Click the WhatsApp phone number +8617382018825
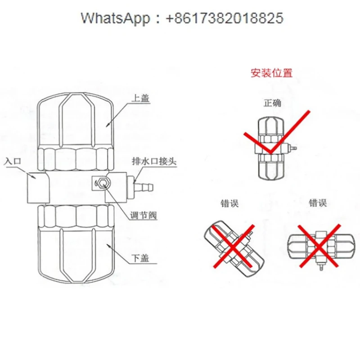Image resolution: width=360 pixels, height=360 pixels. click(225, 18)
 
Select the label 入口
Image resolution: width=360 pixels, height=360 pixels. click(13, 161)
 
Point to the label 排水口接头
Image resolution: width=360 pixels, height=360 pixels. click(153, 161)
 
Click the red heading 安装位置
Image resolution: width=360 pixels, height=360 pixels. click(272, 72)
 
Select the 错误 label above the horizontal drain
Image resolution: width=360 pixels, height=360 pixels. click(317, 203)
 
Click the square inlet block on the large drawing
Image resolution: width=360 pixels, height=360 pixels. click(37, 188)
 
